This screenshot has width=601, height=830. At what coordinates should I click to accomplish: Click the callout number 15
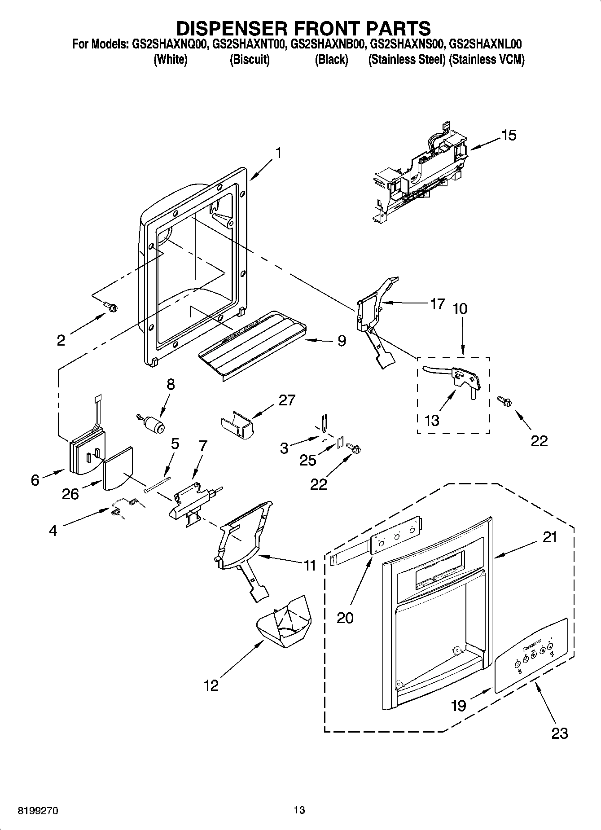click(509, 135)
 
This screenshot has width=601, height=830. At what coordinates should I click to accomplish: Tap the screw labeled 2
click(110, 307)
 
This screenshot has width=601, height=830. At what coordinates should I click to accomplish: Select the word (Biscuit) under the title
click(250, 60)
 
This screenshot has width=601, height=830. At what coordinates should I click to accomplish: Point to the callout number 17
click(437, 304)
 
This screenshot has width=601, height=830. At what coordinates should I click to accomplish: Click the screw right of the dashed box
click(504, 401)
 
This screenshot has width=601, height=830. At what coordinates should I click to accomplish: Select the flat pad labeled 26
click(117, 467)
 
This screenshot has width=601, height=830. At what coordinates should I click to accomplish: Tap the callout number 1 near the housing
click(278, 153)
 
